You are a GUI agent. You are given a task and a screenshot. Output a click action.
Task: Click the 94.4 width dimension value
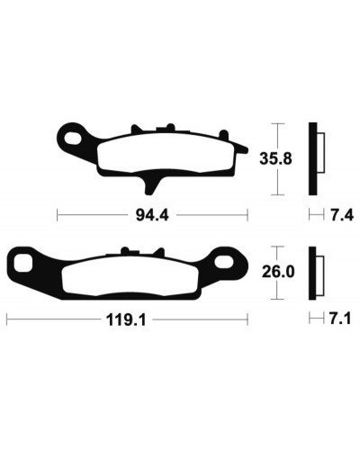pos(152,215)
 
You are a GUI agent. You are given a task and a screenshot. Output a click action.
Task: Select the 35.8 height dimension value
pos(275,158)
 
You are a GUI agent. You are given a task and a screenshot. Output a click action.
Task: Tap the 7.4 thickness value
pos(342,215)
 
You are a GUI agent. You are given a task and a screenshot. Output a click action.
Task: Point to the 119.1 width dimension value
pos(126,320)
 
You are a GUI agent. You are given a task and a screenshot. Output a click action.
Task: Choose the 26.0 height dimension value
pos(278,272)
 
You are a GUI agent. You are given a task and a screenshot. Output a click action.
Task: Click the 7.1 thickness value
pos(340,319)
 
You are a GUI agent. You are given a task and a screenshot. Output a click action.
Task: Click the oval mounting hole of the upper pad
pos(74,139)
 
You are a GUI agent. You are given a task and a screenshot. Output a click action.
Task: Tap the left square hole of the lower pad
pos(23,263)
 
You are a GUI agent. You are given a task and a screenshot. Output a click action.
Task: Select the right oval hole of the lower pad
pos(224,261)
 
